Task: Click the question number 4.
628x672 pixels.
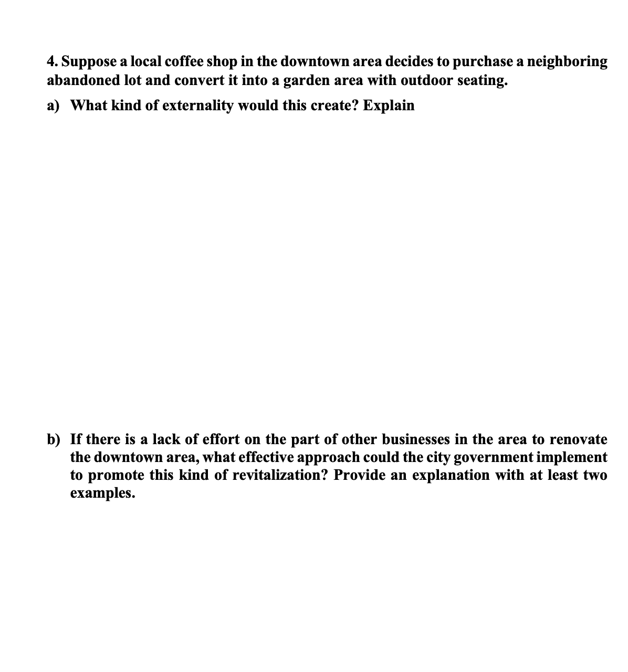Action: coord(51,62)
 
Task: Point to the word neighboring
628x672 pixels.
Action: coord(567,62)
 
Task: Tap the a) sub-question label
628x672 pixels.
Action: coord(53,106)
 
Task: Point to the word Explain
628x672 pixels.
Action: coord(389,106)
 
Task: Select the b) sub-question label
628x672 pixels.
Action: coord(54,439)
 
